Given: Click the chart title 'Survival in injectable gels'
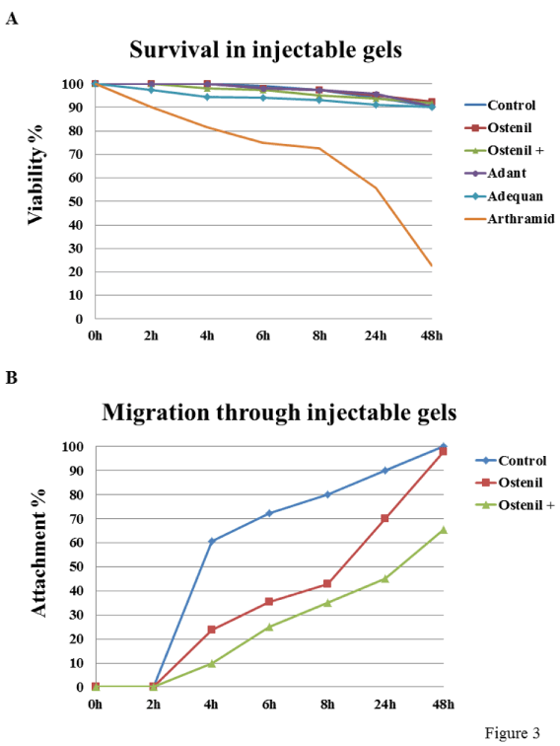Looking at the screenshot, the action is click(266, 50).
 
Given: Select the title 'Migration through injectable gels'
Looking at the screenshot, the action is click(279, 412).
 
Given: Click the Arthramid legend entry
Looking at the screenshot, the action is click(510, 219).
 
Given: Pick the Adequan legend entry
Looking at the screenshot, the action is click(504, 196).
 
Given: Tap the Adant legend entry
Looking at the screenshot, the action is click(495, 174).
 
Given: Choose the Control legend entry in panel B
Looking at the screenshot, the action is click(511, 461).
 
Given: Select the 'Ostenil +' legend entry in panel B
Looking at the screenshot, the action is click(515, 505).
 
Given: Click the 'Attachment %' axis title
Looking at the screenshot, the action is click(38, 553).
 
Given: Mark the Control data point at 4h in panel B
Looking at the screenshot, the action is click(212, 541).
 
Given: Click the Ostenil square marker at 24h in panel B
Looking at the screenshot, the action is click(385, 518).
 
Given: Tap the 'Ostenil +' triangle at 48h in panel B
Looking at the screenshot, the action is click(443, 530).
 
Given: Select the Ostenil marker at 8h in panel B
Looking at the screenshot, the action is click(327, 583).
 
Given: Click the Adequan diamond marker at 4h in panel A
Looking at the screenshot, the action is click(207, 97).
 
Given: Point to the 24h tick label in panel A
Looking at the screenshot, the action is click(376, 336).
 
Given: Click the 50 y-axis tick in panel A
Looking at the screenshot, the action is click(76, 201).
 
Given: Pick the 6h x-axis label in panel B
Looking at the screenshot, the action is click(269, 705).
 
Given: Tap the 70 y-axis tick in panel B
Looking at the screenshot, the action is click(77, 519).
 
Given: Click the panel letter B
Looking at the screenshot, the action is click(12, 378).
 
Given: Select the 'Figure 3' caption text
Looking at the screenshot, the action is click(513, 732).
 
